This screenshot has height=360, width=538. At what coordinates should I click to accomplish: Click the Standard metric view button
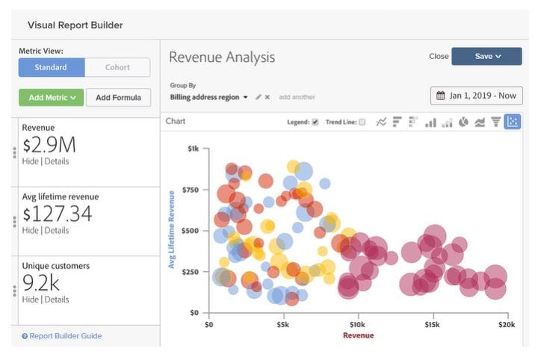[x=51, y=67]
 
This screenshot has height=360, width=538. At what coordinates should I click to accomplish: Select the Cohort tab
[x=117, y=67]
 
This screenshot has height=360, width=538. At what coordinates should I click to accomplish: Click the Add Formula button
[x=118, y=98]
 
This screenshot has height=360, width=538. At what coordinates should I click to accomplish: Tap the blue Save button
[x=486, y=56]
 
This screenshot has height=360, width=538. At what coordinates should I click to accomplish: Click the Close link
[x=439, y=56]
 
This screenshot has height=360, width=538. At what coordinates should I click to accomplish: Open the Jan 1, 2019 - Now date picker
[x=476, y=96]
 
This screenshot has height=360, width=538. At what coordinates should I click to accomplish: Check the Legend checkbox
[x=315, y=122]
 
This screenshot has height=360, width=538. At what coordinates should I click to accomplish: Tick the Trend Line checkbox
[x=362, y=122]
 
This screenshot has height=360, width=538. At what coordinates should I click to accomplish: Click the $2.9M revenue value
[x=49, y=145]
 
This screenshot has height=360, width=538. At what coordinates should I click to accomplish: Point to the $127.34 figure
[x=58, y=214]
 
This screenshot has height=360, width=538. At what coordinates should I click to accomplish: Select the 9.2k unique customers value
[x=41, y=283]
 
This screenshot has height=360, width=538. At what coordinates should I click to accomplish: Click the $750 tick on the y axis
[x=191, y=190]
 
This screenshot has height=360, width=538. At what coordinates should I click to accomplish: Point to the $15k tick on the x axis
[x=432, y=324]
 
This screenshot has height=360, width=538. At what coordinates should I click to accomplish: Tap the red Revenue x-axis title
[x=358, y=335]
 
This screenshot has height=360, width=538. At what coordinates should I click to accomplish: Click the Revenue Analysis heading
[x=222, y=57]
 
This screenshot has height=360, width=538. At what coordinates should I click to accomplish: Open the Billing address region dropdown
[x=209, y=97]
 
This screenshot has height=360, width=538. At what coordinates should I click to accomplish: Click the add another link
[x=297, y=97]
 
